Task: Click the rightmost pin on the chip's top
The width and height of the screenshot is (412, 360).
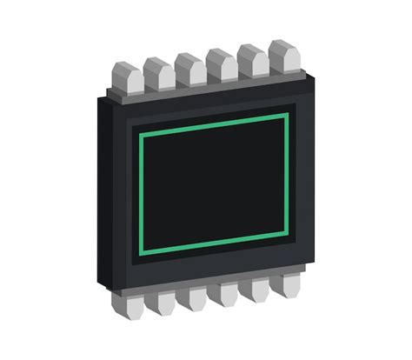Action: [283, 54]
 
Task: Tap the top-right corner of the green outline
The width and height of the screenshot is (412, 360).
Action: [286, 114]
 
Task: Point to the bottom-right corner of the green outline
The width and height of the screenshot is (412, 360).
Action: [287, 232]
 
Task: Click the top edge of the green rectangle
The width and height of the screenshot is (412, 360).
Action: [213, 125]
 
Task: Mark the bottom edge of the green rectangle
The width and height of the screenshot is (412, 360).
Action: [214, 243]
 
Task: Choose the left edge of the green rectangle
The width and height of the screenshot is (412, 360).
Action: [140, 195]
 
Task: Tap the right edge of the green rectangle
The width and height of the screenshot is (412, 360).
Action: [287, 173]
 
